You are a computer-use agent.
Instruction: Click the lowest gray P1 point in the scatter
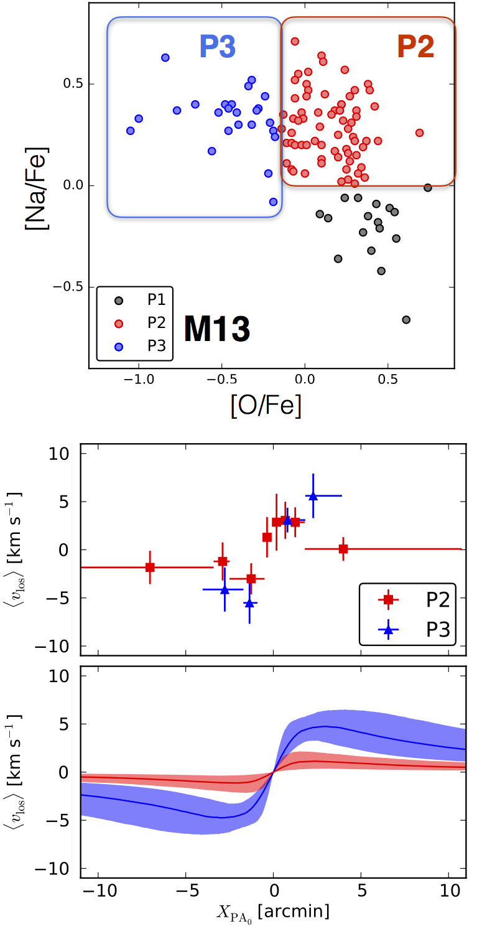tap(406, 320)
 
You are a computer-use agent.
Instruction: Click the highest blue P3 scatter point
tap(165, 58)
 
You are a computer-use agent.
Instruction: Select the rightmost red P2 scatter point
tap(419, 133)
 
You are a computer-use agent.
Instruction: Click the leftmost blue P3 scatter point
tap(130, 131)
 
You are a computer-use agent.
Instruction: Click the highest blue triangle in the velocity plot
tap(313, 496)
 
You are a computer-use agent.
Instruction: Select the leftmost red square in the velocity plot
tap(150, 568)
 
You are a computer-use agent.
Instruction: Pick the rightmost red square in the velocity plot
tap(343, 549)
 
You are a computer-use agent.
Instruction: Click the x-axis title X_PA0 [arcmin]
tap(274, 912)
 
